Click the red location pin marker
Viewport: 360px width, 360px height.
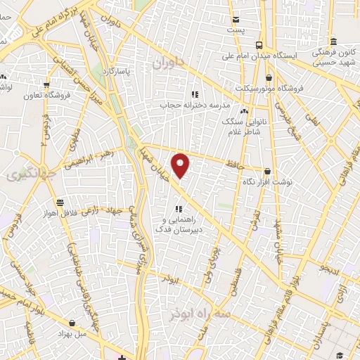pos(181,165)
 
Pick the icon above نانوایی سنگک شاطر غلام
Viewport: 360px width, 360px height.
pos(244,111)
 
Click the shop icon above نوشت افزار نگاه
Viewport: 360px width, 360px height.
pos(268,171)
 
